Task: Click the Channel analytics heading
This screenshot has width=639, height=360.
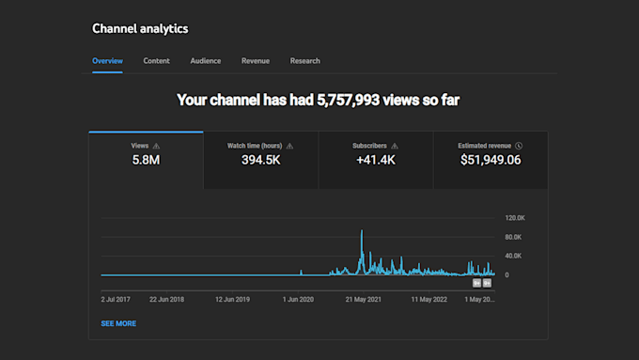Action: pyautogui.click(x=140, y=28)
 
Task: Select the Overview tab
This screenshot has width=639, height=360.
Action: pyautogui.click(x=108, y=61)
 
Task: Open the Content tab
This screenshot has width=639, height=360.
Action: pyautogui.click(x=157, y=61)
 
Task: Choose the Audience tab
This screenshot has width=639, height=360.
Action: pyautogui.click(x=206, y=61)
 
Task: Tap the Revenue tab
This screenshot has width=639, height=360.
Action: pyautogui.click(x=256, y=61)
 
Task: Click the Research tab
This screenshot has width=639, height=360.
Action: pyautogui.click(x=305, y=61)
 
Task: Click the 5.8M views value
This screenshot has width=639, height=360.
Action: pyautogui.click(x=146, y=161)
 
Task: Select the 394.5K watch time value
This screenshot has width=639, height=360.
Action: pyautogui.click(x=260, y=161)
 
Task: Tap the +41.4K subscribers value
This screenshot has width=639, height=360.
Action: pyautogui.click(x=375, y=161)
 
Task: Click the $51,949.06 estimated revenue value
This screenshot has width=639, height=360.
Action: pyautogui.click(x=490, y=161)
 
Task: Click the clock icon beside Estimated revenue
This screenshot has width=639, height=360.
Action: pyautogui.click(x=519, y=146)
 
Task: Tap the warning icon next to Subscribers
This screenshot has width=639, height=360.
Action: pyautogui.click(x=395, y=146)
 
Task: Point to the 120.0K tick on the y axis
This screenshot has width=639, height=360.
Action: pyautogui.click(x=513, y=217)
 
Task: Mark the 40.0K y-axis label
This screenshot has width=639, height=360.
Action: pyautogui.click(x=513, y=256)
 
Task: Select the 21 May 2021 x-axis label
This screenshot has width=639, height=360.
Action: pyautogui.click(x=364, y=300)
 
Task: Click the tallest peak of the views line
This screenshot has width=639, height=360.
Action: pyautogui.click(x=362, y=231)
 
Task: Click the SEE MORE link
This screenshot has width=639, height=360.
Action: pyautogui.click(x=118, y=323)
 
